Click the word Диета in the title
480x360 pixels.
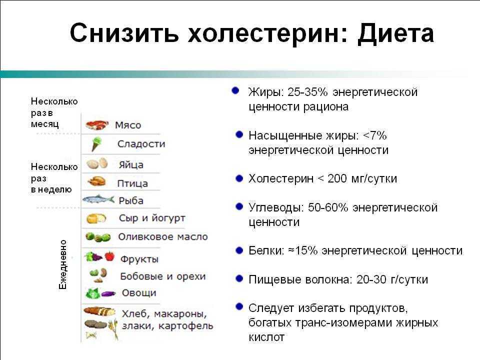pyautogui.click(x=395, y=33)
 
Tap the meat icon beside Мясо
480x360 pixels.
pyautogui.click(x=97, y=125)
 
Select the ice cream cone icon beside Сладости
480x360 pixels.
pyautogui.click(x=96, y=144)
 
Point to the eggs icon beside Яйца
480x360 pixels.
pyautogui.click(x=97, y=163)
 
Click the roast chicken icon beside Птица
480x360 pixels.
pyautogui.click(x=96, y=181)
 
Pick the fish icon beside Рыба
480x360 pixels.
pyautogui.click(x=98, y=199)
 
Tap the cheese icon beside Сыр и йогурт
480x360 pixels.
pyautogui.click(x=96, y=218)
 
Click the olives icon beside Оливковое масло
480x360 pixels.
pyautogui.click(x=98, y=237)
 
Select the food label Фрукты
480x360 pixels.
pyautogui.click(x=139, y=259)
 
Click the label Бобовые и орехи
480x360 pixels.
pyautogui.click(x=163, y=276)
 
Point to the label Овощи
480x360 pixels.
pyautogui.click(x=139, y=292)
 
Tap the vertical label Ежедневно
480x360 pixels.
pyautogui.click(x=63, y=264)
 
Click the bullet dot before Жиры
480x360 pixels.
pyautogui.click(x=235, y=90)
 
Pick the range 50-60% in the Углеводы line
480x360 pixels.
pyautogui.click(x=328, y=207)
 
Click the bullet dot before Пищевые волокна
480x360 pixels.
pyautogui.click(x=239, y=278)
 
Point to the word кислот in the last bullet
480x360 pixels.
pyautogui.click(x=266, y=337)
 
